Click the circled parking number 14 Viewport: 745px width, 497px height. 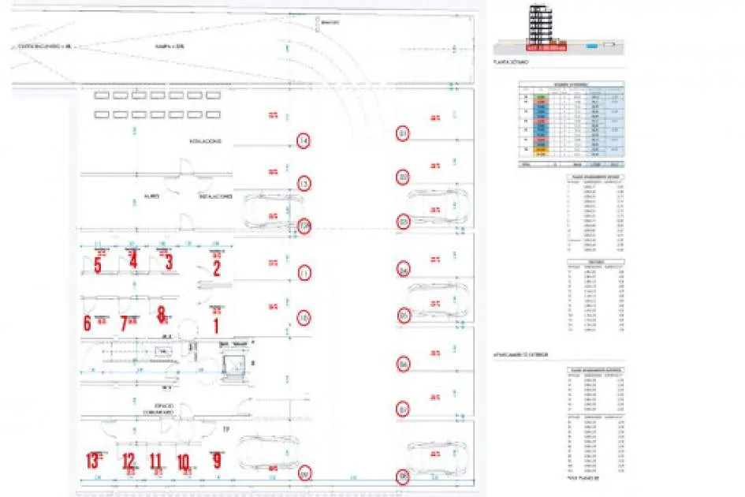coord(304,142)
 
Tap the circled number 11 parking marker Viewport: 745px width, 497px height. coord(304,273)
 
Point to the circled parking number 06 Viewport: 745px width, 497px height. coord(404,364)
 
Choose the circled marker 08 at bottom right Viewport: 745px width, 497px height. coord(404,476)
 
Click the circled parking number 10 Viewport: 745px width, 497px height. coord(304,318)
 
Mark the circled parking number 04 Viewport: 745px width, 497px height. coord(404,270)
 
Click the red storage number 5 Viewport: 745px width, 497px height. coord(97,266)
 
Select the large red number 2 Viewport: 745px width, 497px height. coord(216,268)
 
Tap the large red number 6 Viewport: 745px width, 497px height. coord(88,323)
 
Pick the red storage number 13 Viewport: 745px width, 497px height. coord(94,461)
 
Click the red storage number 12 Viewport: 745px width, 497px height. coord(129,461)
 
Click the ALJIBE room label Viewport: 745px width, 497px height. coord(152,195)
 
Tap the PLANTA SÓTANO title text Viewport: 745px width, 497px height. coord(512,62)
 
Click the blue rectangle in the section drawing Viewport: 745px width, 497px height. coord(592,46)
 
